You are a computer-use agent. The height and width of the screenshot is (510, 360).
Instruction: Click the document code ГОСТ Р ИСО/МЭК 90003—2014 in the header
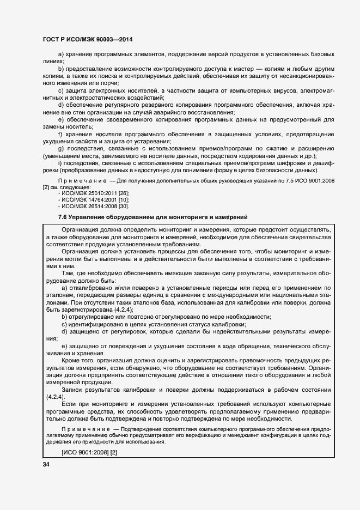[87, 40]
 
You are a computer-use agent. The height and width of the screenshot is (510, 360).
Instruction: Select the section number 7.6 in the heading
[63, 217]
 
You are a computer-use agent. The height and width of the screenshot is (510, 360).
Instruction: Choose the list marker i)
[60, 163]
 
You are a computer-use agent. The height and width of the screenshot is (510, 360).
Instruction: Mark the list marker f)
[60, 134]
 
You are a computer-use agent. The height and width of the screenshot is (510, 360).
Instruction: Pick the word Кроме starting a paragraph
[72, 360]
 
